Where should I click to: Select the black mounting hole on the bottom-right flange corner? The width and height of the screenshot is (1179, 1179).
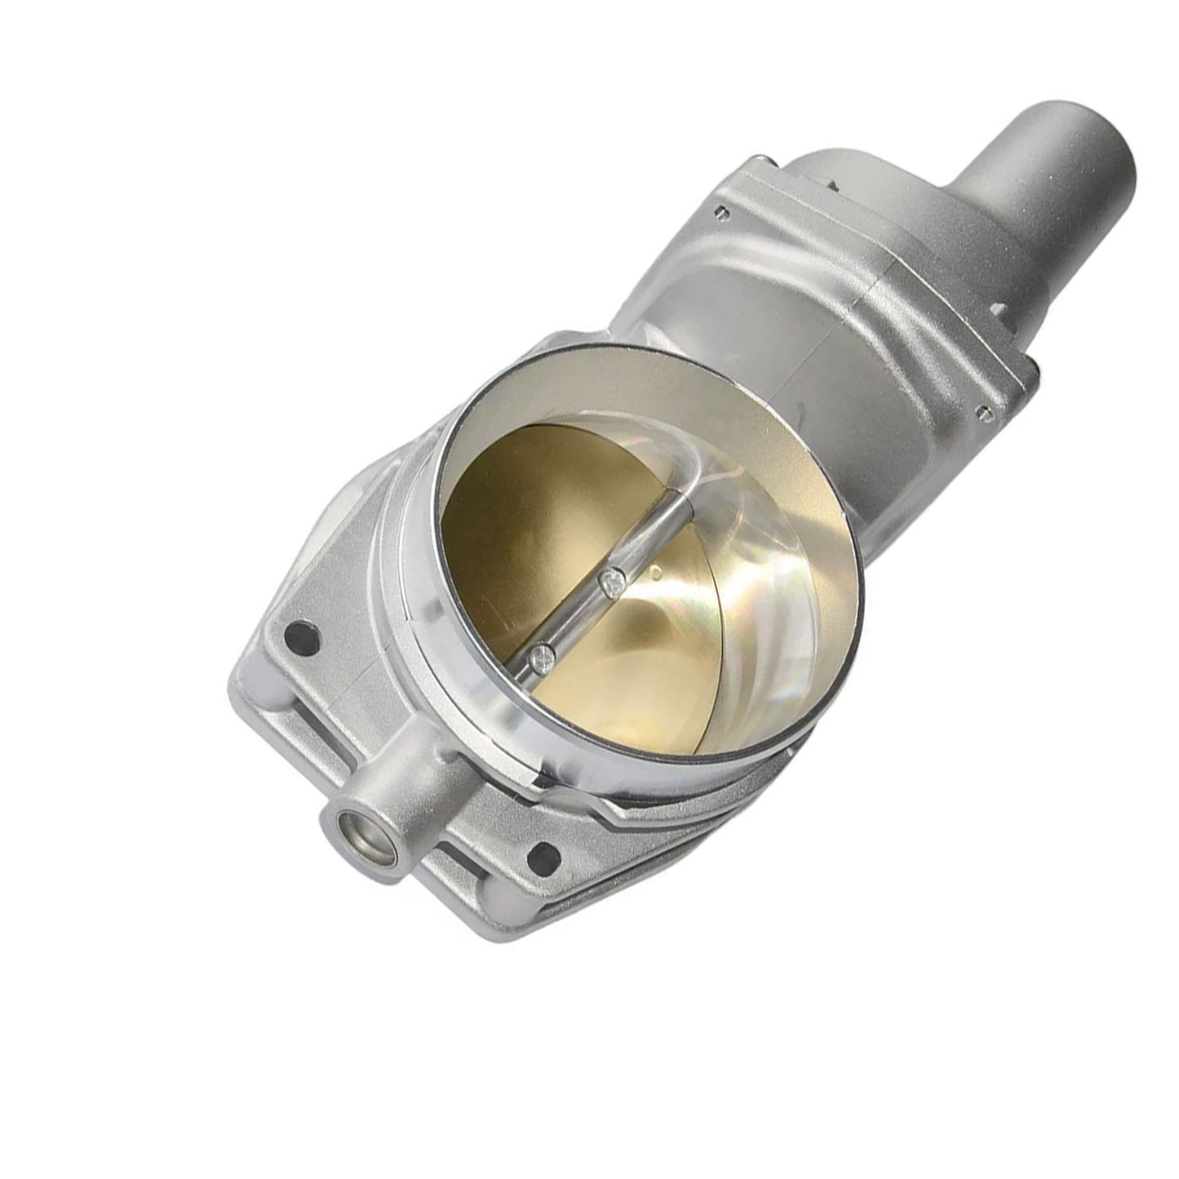[543, 856]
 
